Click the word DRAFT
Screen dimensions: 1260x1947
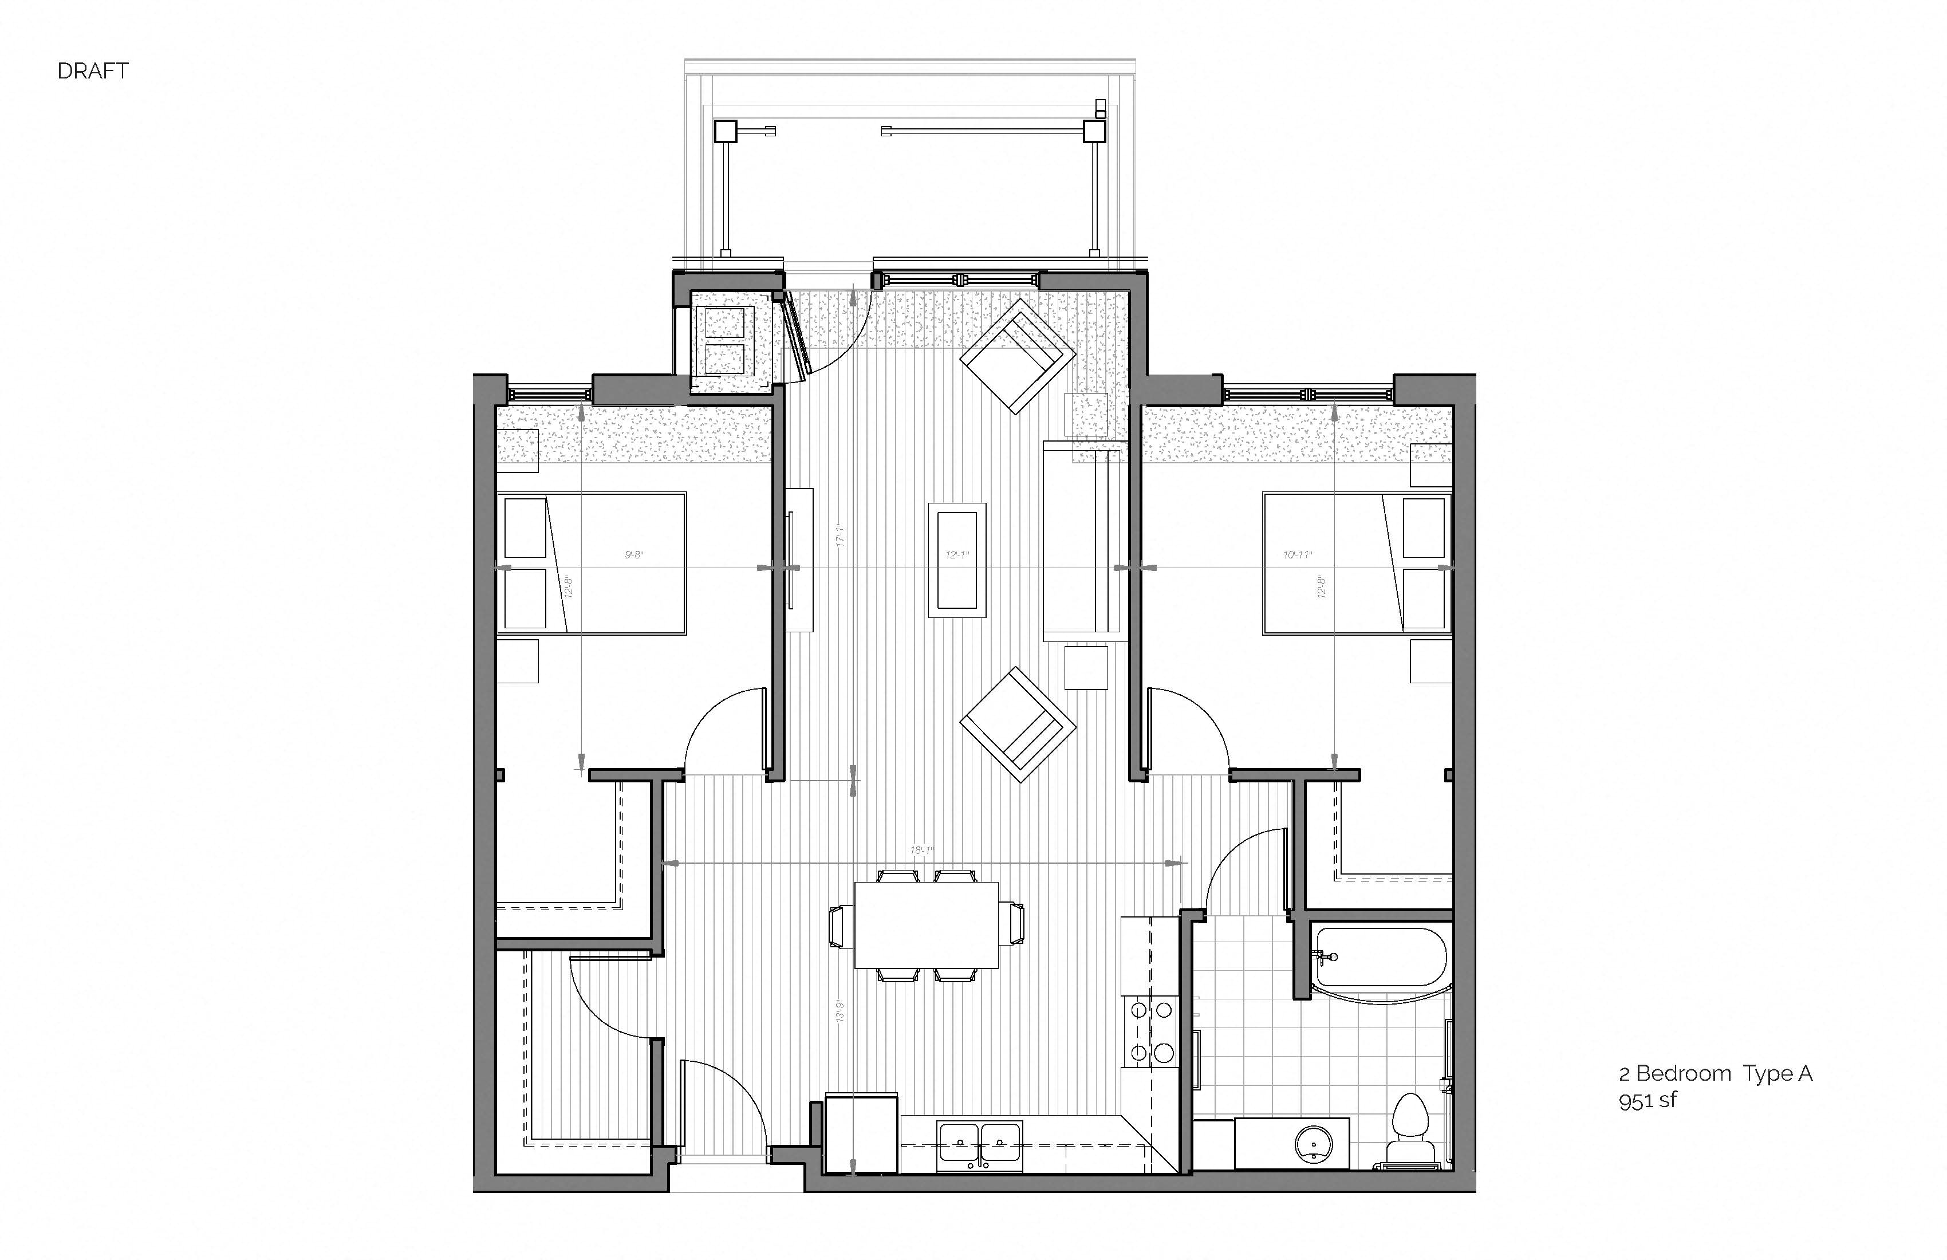click(92, 71)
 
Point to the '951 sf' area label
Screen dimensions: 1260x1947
click(1647, 1100)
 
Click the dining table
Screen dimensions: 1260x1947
click(926, 924)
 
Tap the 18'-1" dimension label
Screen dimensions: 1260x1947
click(921, 851)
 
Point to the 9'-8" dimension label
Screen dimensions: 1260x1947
click(634, 555)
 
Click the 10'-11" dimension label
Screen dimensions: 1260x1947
click(1298, 555)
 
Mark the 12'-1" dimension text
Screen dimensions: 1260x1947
click(956, 555)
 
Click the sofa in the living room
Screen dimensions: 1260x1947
click(1082, 541)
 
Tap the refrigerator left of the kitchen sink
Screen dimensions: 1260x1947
click(861, 1134)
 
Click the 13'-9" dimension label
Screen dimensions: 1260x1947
click(840, 1011)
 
